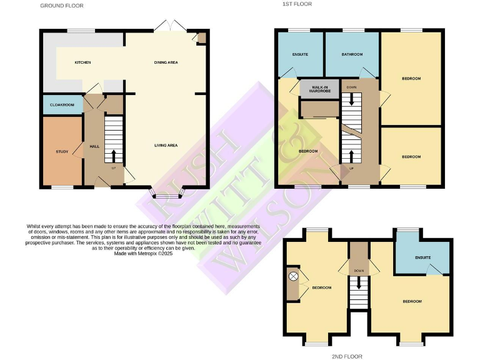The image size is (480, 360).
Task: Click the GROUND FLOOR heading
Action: (62, 6)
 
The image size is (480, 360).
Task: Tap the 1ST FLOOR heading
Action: (297, 4)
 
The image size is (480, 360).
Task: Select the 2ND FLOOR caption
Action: (347, 356)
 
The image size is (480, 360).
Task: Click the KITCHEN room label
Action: (83, 62)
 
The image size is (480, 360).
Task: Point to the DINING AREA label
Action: (166, 62)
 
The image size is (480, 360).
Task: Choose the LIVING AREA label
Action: (166, 145)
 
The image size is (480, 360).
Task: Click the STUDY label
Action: (61, 151)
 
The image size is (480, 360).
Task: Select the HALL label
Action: (94, 146)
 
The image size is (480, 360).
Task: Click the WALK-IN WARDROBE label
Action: (319, 89)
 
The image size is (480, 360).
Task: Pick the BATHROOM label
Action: (352, 54)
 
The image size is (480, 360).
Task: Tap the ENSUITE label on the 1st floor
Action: (300, 54)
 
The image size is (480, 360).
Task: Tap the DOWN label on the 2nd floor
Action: (359, 271)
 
